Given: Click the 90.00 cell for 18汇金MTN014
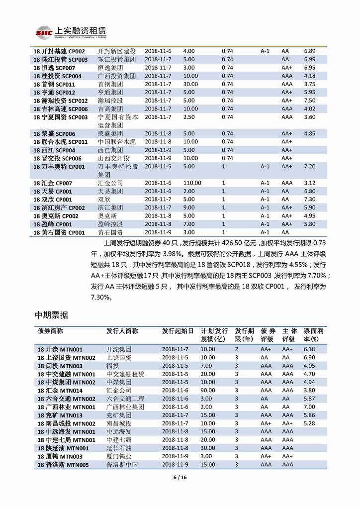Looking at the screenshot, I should click(x=208, y=391).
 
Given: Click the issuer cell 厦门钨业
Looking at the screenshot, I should click(x=119, y=456).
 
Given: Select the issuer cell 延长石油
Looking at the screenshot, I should click(x=119, y=448).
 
